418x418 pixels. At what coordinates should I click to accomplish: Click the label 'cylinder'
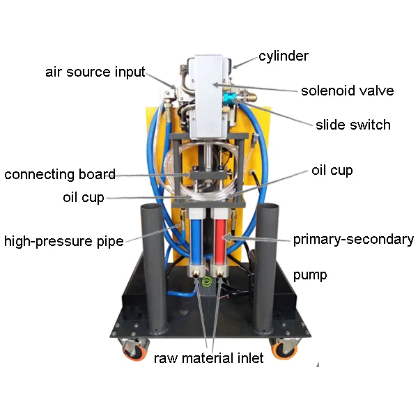[x=283, y=56]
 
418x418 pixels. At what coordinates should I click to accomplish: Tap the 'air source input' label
[x=95, y=72]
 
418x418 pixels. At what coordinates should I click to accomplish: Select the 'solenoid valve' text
[x=347, y=91]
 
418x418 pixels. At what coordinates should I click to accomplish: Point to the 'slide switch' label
[x=353, y=125]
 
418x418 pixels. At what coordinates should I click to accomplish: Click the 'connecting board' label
[x=60, y=174]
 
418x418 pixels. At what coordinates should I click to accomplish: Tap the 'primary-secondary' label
[x=353, y=240]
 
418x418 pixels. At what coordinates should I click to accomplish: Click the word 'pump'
[x=310, y=274]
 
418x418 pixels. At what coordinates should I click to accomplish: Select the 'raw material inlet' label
[x=209, y=359]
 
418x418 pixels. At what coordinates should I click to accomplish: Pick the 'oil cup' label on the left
[x=83, y=197]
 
